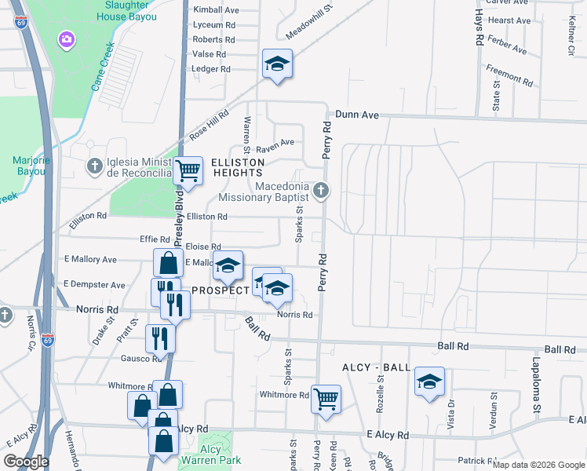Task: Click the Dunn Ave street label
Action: pyautogui.click(x=357, y=115)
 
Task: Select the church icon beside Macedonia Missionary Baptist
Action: pyautogui.click(x=320, y=190)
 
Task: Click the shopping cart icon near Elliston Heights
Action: pyautogui.click(x=188, y=170)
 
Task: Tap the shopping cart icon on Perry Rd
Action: pyautogui.click(x=326, y=397)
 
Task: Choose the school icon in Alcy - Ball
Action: pyautogui.click(x=429, y=382)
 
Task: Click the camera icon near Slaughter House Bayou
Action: pyautogui.click(x=66, y=38)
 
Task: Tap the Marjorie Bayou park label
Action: pyautogui.click(x=31, y=165)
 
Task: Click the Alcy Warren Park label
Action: pyautogui.click(x=210, y=455)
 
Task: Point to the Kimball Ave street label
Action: pyautogui.click(x=216, y=10)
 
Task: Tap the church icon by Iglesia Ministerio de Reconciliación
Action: pyautogui.click(x=94, y=166)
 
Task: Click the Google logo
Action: pyautogui.click(x=26, y=462)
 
